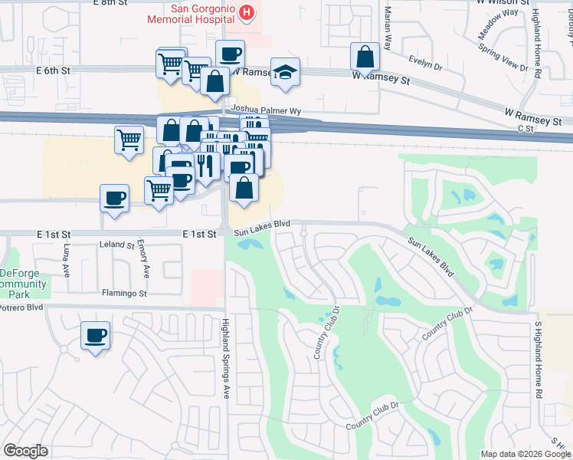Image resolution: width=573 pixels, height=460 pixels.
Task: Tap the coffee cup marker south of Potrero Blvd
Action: (x=96, y=336)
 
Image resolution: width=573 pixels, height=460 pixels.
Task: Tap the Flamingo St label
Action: (x=123, y=293)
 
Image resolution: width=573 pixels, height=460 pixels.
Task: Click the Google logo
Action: (x=25, y=451)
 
